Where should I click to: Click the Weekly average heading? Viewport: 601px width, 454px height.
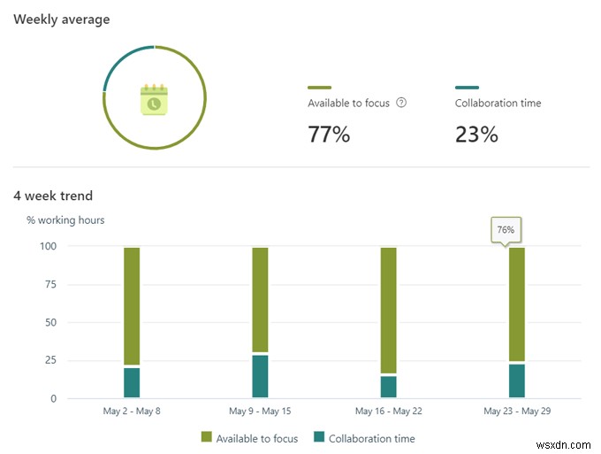pyautogui.click(x=62, y=19)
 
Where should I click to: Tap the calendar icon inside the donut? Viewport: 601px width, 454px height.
pyautogui.click(x=154, y=99)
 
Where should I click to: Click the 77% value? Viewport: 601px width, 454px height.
pyautogui.click(x=329, y=135)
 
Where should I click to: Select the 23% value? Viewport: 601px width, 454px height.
pyautogui.click(x=476, y=135)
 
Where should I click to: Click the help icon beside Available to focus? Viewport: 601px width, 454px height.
pyautogui.click(x=401, y=103)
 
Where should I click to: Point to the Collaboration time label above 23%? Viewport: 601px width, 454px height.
pyautogui.click(x=498, y=103)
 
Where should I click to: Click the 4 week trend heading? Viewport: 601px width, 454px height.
pyautogui.click(x=53, y=196)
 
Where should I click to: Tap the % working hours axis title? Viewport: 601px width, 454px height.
pyautogui.click(x=65, y=219)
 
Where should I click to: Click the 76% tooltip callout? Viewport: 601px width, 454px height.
pyautogui.click(x=506, y=230)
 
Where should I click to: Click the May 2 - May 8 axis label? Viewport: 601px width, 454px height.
pyautogui.click(x=132, y=411)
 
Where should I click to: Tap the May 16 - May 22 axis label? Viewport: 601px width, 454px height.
pyautogui.click(x=388, y=411)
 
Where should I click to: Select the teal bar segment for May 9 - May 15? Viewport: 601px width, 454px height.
pyautogui.click(x=260, y=376)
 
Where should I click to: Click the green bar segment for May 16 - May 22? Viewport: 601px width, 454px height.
pyautogui.click(x=388, y=310)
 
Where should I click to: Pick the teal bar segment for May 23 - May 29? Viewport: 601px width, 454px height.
pyautogui.click(x=516, y=381)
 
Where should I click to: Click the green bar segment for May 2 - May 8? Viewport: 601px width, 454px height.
pyautogui.click(x=132, y=305)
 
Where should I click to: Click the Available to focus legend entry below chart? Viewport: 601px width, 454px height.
pyautogui.click(x=250, y=438)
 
